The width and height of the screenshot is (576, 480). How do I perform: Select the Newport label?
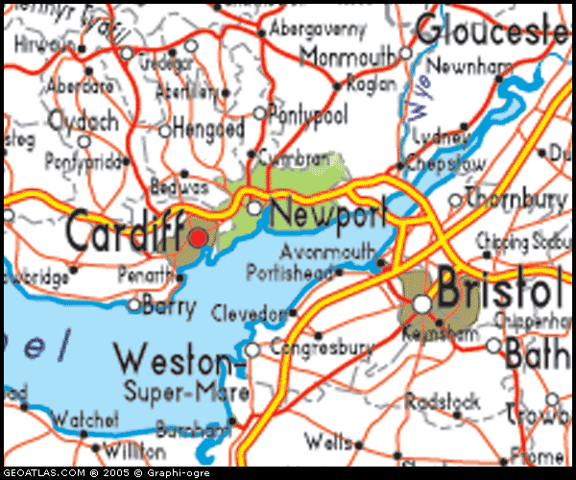pos(327,212)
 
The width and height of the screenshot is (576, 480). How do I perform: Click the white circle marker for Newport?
pos(253,207)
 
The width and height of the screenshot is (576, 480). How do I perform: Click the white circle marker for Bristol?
pos(422,304)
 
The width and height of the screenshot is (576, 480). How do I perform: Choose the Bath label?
pos(538,353)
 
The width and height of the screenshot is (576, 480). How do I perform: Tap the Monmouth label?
pos(348,58)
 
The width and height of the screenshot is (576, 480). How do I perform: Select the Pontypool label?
pos(308,113)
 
